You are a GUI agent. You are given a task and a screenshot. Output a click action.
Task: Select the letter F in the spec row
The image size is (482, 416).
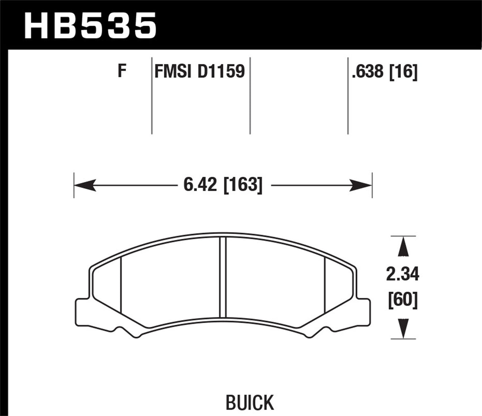tap(122, 72)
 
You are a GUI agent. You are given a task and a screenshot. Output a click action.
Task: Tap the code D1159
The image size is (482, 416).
tap(221, 72)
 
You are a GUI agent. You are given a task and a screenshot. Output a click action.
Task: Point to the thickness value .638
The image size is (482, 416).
tap(367, 72)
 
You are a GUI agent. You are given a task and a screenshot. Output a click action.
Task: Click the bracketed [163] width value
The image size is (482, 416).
tap(243, 185)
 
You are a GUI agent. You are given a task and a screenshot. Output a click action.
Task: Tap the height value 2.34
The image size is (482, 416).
tap(403, 274)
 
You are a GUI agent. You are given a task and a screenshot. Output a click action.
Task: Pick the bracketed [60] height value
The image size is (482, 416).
tap(403, 300)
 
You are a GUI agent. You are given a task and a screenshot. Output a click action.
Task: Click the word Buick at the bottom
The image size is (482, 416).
tap(250, 402)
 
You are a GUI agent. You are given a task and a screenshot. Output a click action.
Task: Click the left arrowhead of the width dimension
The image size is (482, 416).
tap(84, 185)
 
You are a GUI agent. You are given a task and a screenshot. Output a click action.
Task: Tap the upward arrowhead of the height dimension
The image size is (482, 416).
tap(403, 247)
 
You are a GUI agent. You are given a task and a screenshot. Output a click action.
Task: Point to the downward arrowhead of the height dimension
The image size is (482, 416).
tap(403, 328)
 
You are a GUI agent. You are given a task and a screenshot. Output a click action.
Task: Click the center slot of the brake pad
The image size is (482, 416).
tap(223, 278)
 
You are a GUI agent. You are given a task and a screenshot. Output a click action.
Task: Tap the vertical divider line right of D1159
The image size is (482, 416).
tap(250, 95)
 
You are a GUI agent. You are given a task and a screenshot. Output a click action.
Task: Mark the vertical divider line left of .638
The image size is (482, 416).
tap(348, 95)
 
